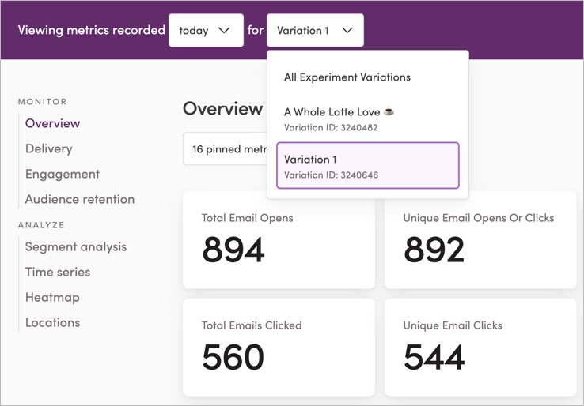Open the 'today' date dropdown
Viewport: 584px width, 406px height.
pos(206,31)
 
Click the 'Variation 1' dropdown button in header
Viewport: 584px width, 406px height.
pos(315,31)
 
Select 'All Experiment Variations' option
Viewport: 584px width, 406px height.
pos(347,77)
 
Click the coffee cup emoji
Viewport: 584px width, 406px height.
pos(389,112)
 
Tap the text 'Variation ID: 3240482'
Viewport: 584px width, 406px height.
pos(331,128)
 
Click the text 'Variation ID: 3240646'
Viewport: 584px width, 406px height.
pos(331,175)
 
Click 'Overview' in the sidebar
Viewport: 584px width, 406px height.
pos(52,123)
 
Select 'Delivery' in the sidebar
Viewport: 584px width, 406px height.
pos(48,148)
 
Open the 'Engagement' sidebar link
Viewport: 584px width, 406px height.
pos(62,174)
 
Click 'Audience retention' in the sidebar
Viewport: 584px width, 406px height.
pos(79,199)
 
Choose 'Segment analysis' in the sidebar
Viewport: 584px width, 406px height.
pos(75,246)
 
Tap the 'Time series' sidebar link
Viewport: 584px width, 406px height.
pos(57,272)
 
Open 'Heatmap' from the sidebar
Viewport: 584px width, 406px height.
pos(52,297)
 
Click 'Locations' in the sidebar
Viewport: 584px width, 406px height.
pos(52,322)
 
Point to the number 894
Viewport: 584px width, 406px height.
pos(233,250)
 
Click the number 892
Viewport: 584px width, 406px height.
pos(434,250)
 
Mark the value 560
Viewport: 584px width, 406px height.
pos(233,358)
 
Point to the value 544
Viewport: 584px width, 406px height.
pos(434,358)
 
